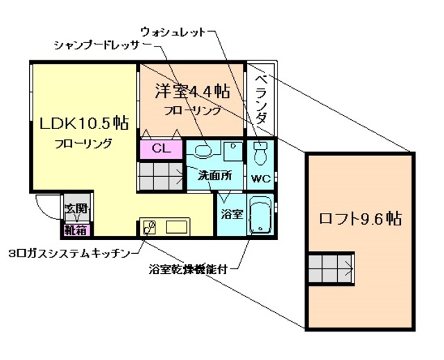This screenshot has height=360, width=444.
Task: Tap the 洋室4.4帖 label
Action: (x=192, y=91)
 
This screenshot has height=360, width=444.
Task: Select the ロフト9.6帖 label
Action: (x=359, y=218)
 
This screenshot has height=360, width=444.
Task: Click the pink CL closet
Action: (x=160, y=148)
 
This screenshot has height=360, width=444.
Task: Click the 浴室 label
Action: (x=230, y=214)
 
